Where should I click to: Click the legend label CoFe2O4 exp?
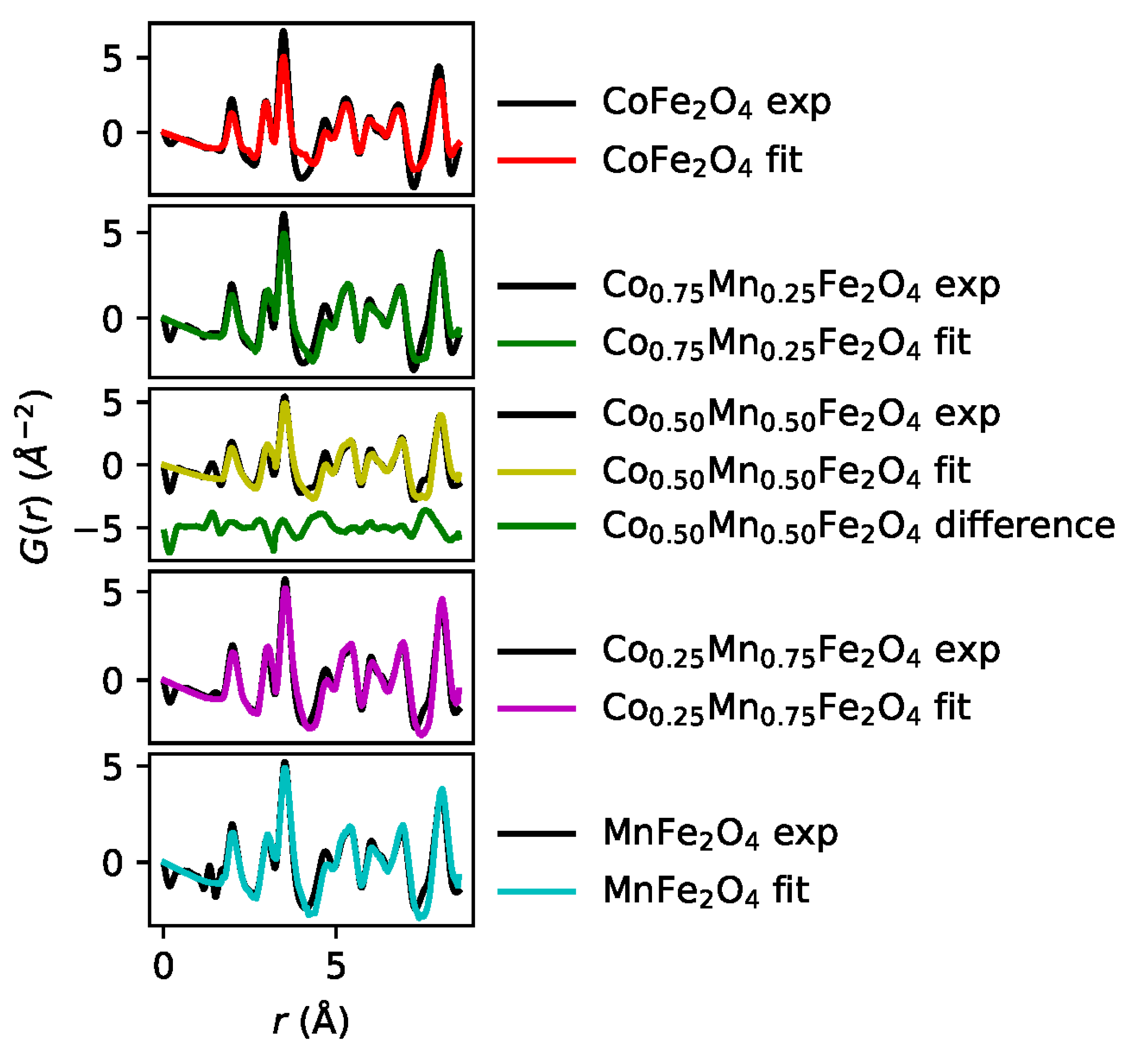[716, 103]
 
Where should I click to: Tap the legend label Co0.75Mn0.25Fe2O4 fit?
[786, 343]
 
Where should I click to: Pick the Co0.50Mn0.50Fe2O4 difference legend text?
[858, 526]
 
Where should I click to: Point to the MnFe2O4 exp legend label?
[720, 833]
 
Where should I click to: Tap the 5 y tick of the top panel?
[112, 58]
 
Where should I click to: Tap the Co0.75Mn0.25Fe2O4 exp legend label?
[801, 286]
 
